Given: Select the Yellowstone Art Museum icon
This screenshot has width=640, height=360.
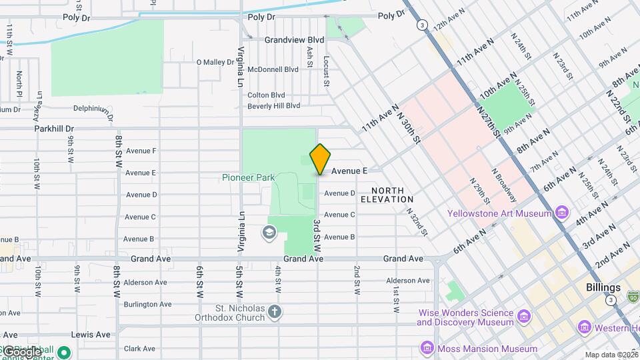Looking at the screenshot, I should point(562,213).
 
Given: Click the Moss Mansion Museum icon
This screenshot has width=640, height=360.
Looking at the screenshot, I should point(427,348).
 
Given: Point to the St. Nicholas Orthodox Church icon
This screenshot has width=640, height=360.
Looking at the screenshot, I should point(275,311).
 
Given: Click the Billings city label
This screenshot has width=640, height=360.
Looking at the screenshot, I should point(604,288).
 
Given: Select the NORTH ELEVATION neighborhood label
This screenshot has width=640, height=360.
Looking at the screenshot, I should point(387,195).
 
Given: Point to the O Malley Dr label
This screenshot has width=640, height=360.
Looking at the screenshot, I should point(215,62).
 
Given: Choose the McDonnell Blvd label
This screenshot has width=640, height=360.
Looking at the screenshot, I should point(273,69).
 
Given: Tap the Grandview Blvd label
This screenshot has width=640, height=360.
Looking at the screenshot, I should point(293,40).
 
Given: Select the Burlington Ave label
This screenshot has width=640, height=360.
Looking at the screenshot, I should point(147,305).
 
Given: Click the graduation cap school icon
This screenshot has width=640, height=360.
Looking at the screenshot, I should point(268,233).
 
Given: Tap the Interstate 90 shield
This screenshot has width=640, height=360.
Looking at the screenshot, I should point(633,295).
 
